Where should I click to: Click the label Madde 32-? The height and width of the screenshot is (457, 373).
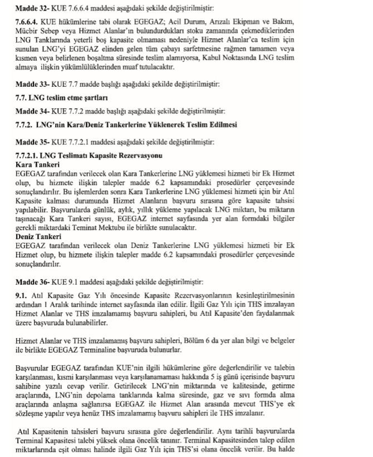(x=30, y=9)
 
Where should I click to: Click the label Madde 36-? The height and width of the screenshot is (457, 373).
(x=30, y=281)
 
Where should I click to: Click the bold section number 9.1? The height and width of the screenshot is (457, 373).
(x=22, y=295)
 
